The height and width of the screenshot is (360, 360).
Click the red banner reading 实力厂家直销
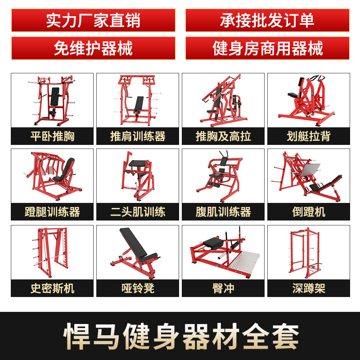pos(93,20)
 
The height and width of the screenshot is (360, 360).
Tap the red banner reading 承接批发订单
pos(267,20)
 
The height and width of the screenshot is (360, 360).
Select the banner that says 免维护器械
pos(93,48)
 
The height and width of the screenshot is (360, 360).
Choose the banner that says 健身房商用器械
pos(267,48)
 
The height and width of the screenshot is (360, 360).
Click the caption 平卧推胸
pos(52,136)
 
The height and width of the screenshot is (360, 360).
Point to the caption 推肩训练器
pos(138,136)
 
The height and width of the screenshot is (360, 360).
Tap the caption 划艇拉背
pos(309,136)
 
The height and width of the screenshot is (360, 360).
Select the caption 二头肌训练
pos(138,211)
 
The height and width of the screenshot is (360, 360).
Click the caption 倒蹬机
pos(309,211)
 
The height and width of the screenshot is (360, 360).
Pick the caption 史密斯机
pos(52,288)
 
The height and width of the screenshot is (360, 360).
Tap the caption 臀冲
pos(223,288)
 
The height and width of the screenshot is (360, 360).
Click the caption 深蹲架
pos(309,288)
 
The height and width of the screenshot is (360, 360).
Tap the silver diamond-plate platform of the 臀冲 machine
pos(244,262)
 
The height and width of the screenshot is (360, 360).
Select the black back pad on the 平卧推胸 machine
pos(55,96)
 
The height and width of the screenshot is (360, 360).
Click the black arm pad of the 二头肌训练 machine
pos(138,163)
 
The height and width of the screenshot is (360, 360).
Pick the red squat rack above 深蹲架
pos(304,252)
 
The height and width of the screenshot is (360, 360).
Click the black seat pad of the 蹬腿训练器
pos(67,170)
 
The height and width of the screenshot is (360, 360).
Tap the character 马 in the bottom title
pos(106,336)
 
